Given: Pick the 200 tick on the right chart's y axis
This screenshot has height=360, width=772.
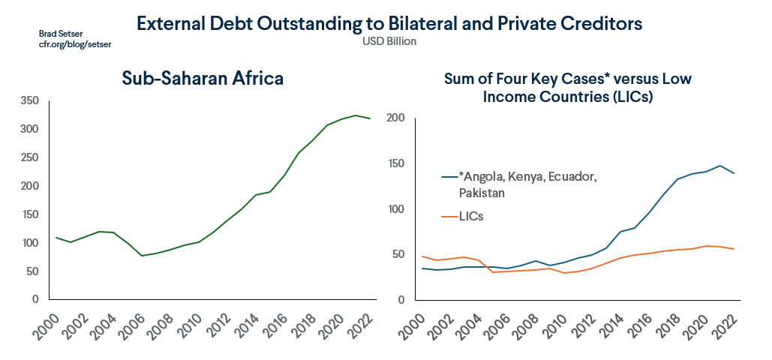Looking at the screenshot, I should click(395, 118).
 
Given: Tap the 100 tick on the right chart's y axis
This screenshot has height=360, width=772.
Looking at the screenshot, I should click(395, 209).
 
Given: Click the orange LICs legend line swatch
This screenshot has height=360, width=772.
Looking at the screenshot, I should click(449, 216).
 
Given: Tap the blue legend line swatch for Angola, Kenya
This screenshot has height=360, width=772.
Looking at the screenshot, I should click(449, 177).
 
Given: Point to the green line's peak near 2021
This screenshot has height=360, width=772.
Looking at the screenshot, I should click(356, 115).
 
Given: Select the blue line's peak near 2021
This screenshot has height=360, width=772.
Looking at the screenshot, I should click(719, 166).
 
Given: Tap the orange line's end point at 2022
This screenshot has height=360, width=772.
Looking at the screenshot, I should click(734, 249).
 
